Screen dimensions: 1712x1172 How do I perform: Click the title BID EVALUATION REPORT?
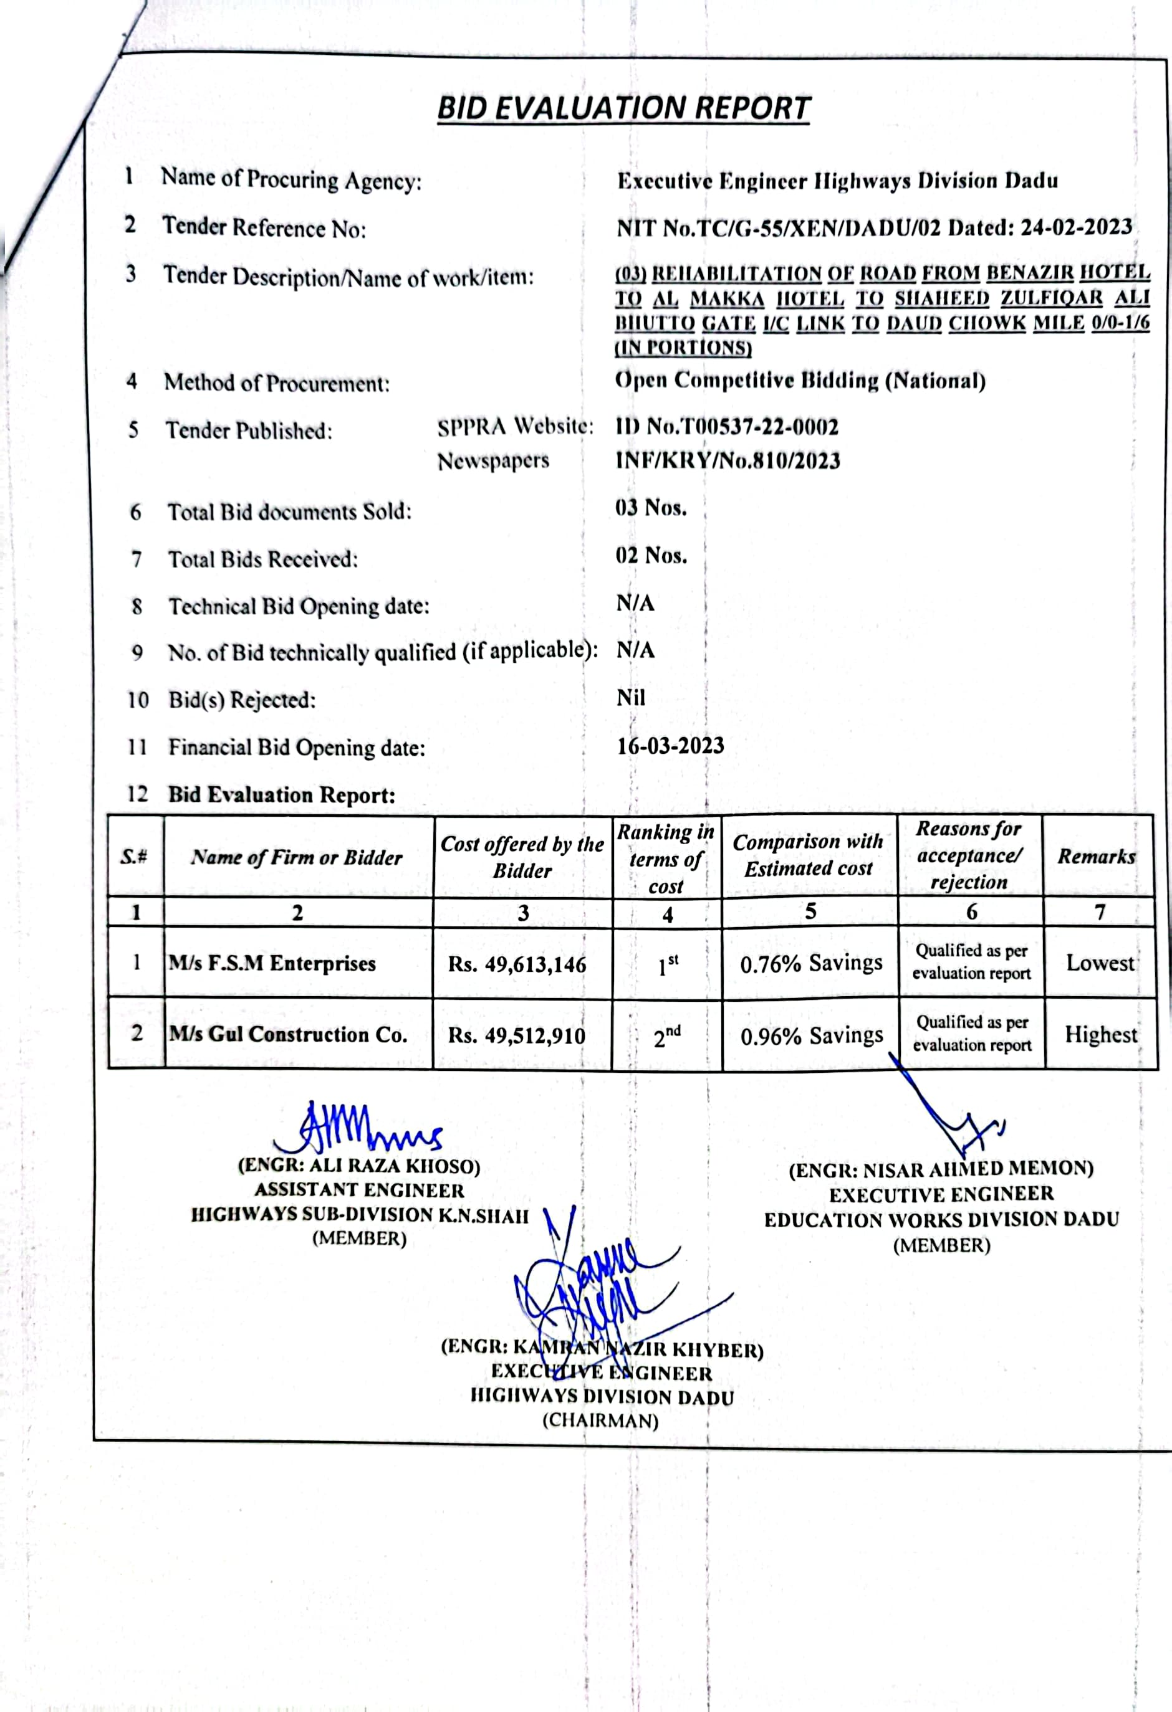623,108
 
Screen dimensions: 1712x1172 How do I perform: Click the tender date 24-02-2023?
1076,227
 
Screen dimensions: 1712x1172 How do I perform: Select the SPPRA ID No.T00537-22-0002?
727,427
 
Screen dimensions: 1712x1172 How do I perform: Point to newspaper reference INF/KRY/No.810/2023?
728,461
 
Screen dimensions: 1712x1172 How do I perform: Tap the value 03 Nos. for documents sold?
651,508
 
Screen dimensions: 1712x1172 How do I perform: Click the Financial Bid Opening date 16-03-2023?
670,746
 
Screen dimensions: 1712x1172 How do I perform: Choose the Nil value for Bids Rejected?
630,698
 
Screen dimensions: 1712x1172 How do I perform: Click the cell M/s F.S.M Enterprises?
272,964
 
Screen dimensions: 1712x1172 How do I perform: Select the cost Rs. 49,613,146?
517,964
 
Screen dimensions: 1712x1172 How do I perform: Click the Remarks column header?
1097,856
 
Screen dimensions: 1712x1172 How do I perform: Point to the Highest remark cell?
1101,1034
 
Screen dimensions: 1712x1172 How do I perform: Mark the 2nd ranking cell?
667,1037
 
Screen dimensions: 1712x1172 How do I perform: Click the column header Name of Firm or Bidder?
297,857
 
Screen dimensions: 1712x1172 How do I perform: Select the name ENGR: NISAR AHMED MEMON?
941,1170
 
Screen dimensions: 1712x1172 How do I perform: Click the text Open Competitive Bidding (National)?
800,380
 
